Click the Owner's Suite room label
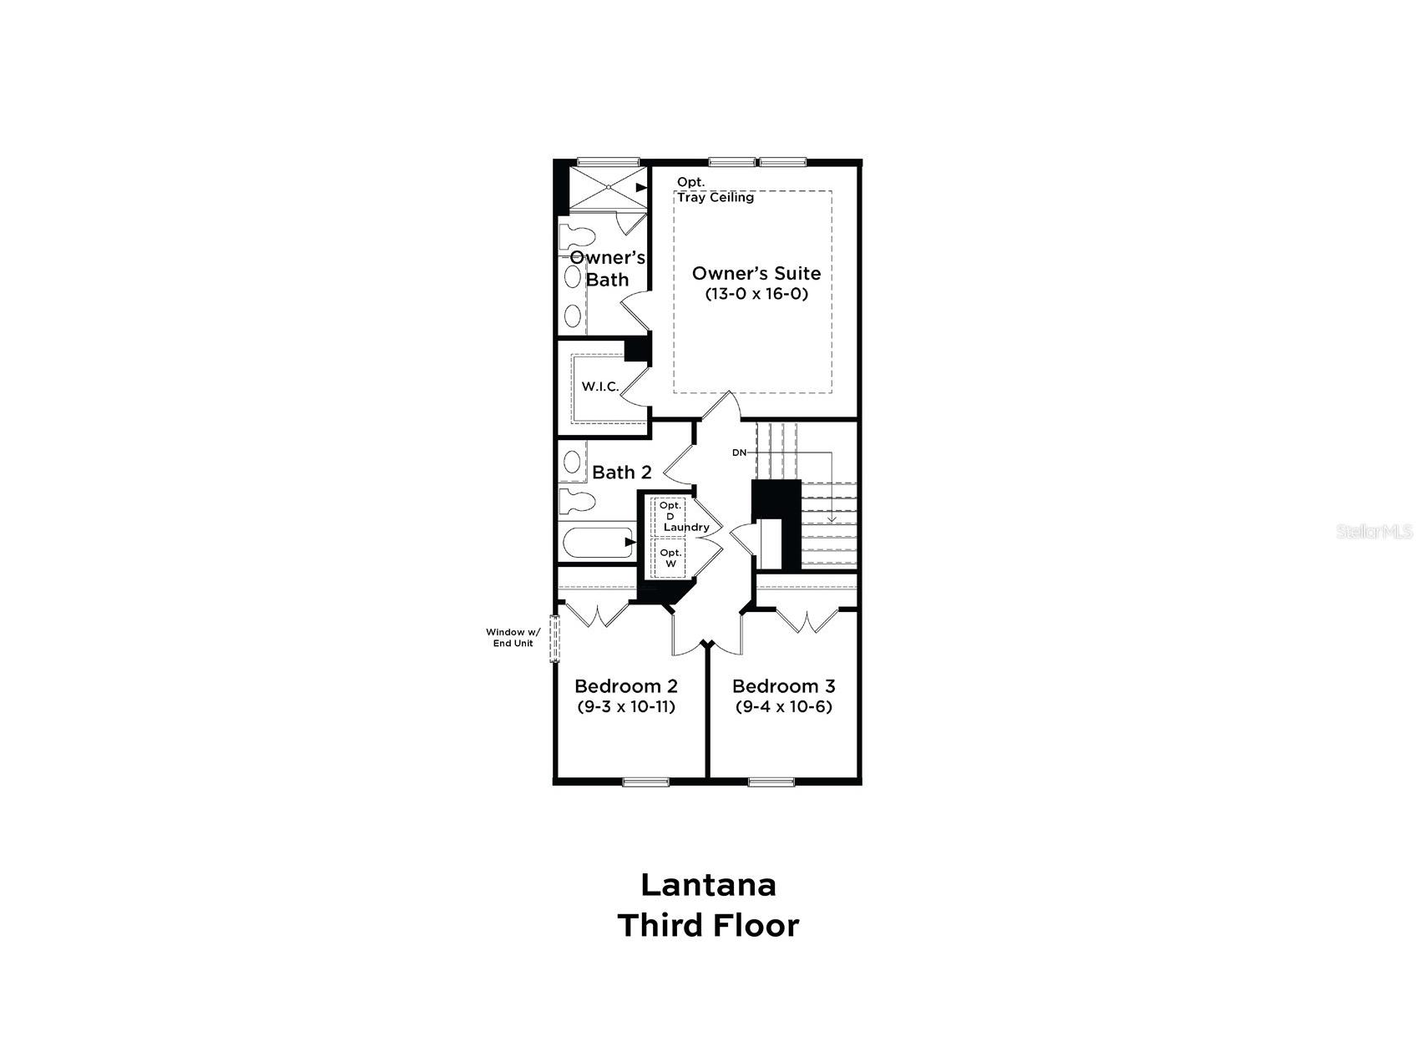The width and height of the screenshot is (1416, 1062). coord(756,273)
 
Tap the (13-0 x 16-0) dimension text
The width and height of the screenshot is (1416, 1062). coord(756,294)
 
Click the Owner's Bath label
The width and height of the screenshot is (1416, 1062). coord(607,268)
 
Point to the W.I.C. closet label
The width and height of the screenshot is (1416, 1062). coord(600,387)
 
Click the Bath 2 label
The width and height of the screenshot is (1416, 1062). coord(621,473)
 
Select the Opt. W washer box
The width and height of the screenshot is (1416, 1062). coord(670,558)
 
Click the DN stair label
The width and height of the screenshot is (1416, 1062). coord(739,453)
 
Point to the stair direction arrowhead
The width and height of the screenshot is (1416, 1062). coord(832,518)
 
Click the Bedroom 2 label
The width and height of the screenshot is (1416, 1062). coord(625,686)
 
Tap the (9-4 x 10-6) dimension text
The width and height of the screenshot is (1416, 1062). coord(783,706)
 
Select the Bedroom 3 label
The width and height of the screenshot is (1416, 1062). coord(783,686)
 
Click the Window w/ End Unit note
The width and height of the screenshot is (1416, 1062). coord(512,637)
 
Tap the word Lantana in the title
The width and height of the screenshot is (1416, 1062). coord(708,884)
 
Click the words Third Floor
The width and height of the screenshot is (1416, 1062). coord(708,925)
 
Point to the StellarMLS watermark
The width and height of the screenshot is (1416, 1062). coord(1373,531)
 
